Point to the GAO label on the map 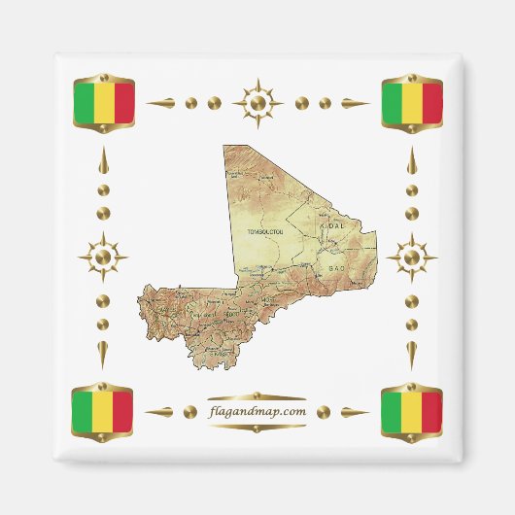[337, 266]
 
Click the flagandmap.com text [257, 411]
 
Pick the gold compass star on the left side [103, 257]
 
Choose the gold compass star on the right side [411, 257]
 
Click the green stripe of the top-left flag [84, 102]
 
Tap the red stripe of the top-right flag [431, 103]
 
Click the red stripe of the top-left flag [122, 102]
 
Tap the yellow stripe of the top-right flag [411, 103]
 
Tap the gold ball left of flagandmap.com [189, 411]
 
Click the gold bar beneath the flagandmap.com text [257, 426]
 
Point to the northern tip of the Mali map [224, 147]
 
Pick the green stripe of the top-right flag [392, 103]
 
